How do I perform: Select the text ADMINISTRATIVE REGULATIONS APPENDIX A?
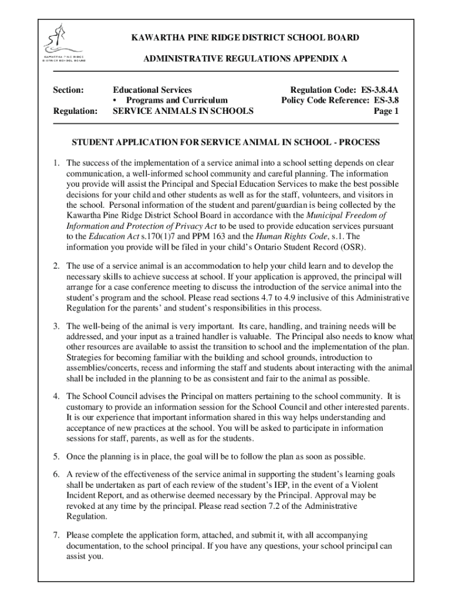[245, 59]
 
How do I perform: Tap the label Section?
[69, 90]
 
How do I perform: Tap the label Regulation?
[75, 111]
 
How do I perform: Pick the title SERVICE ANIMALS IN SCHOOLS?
[183, 111]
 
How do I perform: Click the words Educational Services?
[152, 90]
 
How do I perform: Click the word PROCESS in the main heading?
[360, 143]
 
